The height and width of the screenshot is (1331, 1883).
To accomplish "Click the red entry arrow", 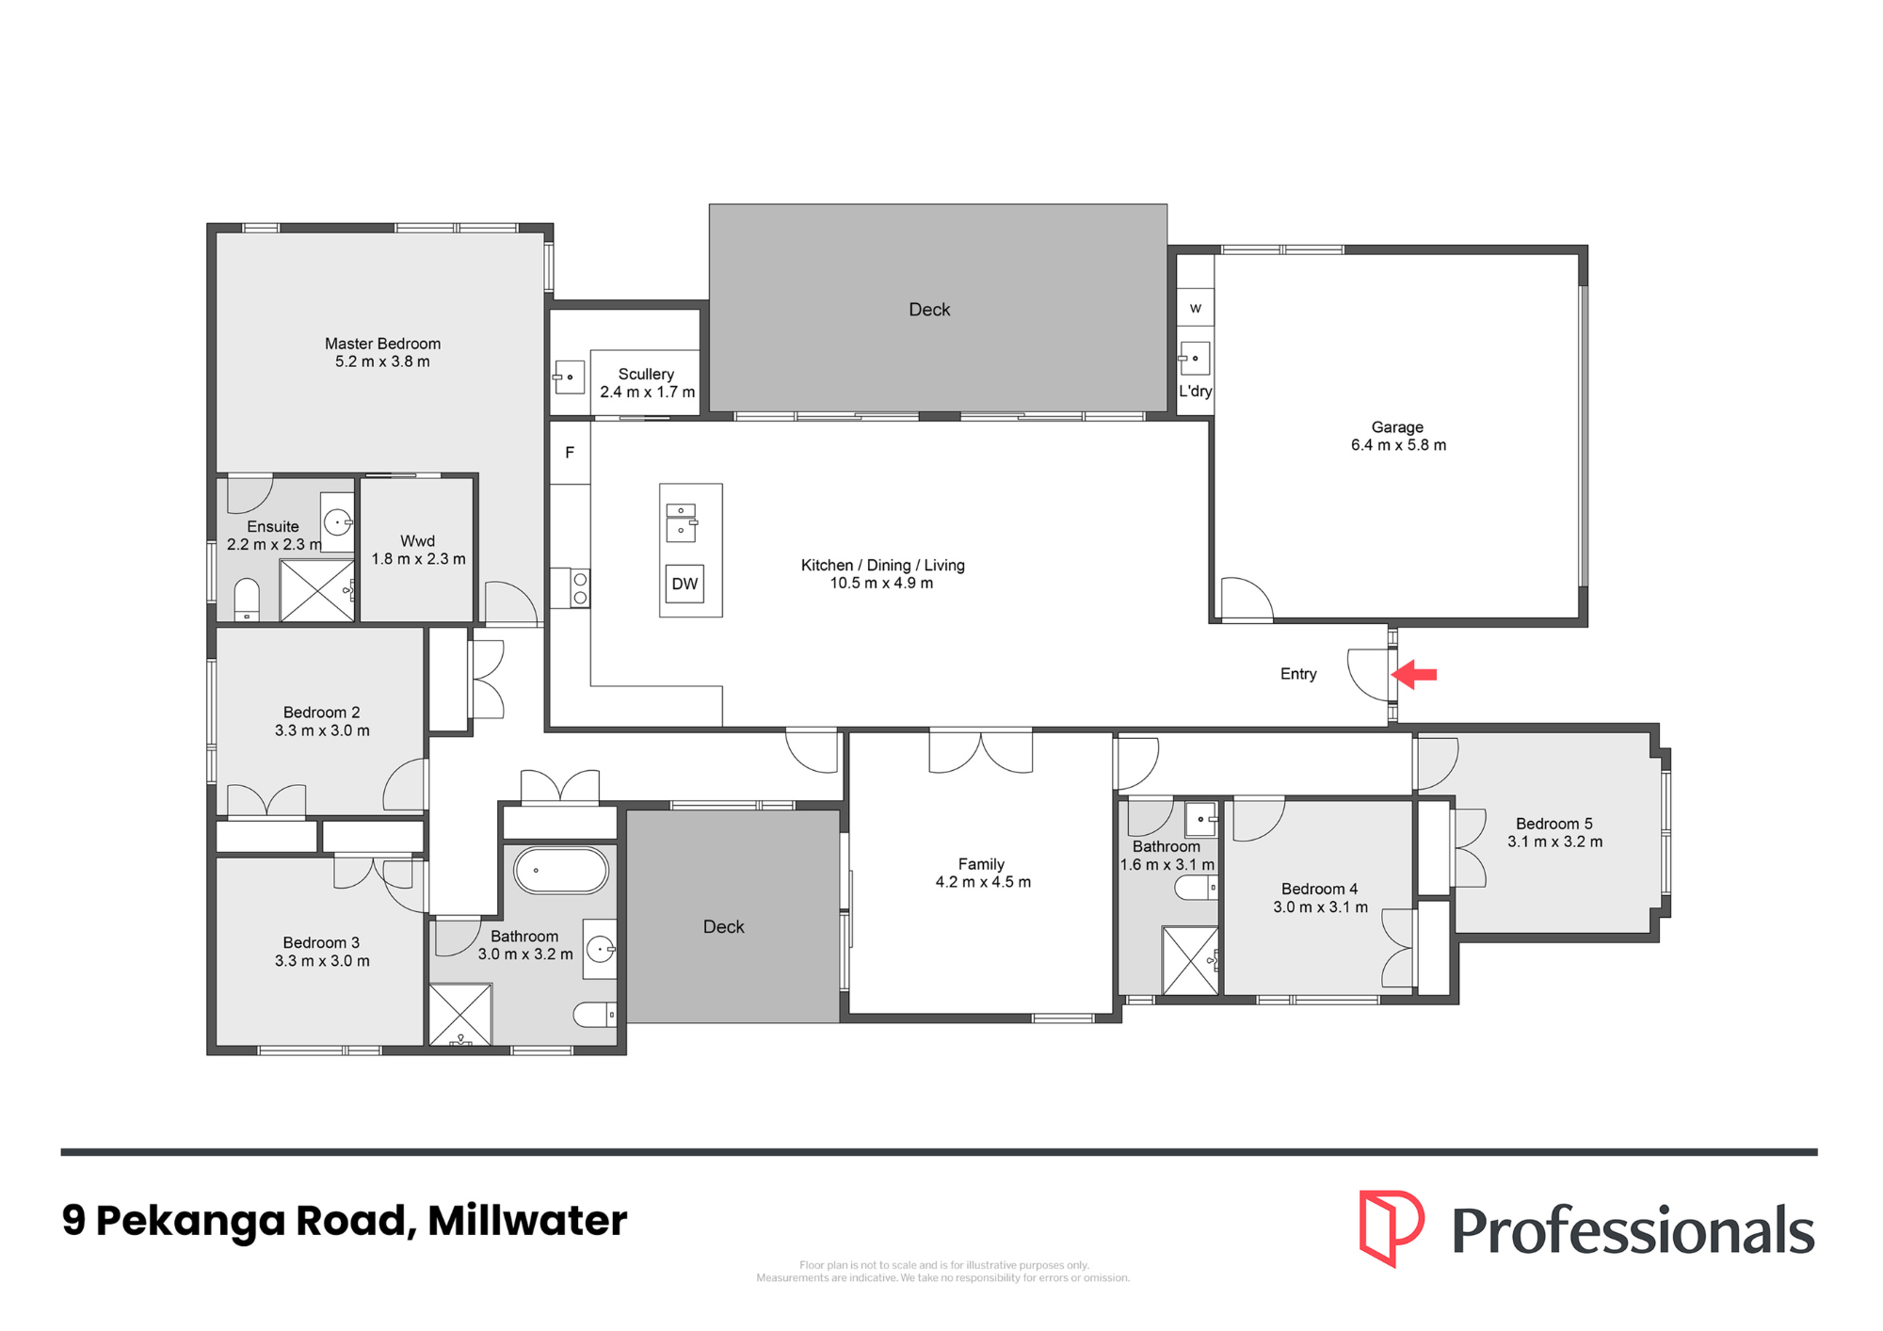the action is [1414, 674].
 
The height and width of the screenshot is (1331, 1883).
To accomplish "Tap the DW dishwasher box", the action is [685, 584].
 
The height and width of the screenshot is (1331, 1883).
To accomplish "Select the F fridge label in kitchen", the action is [570, 453].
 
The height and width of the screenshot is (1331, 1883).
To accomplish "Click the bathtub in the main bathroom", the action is [561, 870].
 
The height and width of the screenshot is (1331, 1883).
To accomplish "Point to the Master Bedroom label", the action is [382, 344].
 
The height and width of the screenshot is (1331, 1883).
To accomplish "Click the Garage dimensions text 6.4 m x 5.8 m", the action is [1398, 445].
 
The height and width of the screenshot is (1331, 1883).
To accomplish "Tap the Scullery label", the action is [646, 374].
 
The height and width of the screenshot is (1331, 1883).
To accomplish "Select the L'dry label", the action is [1196, 391].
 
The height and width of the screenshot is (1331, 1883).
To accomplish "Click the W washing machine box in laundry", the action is [1196, 308].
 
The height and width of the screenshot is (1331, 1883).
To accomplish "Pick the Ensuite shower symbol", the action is [317, 590].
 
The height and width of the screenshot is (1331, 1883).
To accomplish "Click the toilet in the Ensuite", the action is [247, 600].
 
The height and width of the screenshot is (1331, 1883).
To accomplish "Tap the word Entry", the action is [1298, 674].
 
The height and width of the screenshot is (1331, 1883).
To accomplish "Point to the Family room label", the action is [981, 864].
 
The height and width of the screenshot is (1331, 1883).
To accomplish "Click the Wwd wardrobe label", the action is [418, 541].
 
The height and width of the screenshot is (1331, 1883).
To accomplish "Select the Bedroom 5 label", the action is [1554, 824].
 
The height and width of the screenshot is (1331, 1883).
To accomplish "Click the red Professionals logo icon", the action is [1392, 1227].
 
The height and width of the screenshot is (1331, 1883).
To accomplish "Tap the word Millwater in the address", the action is [527, 1221].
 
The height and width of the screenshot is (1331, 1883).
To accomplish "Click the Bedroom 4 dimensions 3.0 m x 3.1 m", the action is [1320, 907].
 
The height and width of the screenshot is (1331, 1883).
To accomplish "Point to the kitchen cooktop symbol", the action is [580, 588].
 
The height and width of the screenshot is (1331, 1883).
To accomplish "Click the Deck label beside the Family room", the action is [724, 927].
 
